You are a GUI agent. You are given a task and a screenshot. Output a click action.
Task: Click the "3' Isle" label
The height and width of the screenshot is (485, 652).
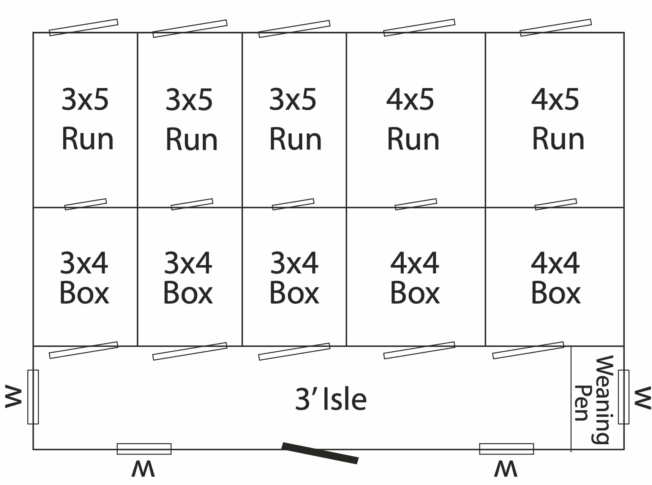pyautogui.click(x=331, y=399)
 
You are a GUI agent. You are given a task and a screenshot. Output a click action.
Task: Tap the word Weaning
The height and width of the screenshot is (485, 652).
pyautogui.click(x=602, y=400)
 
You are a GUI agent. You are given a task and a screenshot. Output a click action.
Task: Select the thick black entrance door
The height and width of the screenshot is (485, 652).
pyautogui.click(x=320, y=453)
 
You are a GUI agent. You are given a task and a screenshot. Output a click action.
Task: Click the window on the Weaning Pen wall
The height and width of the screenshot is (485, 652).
pyautogui.click(x=624, y=397)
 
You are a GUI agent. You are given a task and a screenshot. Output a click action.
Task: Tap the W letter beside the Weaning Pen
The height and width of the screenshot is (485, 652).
pyautogui.click(x=643, y=398)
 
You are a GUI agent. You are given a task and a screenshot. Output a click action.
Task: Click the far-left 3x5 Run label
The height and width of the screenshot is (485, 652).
pyautogui.click(x=87, y=119)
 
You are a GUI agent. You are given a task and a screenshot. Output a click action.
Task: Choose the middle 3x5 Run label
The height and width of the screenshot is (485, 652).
pyautogui.click(x=191, y=119)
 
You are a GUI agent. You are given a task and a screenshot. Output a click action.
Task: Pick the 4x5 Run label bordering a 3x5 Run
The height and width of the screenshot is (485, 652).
pyautogui.click(x=412, y=119)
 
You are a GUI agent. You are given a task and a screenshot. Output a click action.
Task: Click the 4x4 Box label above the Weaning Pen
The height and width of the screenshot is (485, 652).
pyautogui.click(x=555, y=278)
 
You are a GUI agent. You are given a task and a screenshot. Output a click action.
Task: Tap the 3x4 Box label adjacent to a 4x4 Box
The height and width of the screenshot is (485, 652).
pyautogui.click(x=294, y=278)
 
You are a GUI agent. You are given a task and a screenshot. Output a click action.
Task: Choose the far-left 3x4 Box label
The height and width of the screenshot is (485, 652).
pyautogui.click(x=84, y=278)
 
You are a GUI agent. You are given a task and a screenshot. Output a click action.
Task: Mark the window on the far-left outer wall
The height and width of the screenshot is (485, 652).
pyautogui.click(x=33, y=397)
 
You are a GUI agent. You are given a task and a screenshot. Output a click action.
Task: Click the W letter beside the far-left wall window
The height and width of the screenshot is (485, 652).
pyautogui.click(x=13, y=397)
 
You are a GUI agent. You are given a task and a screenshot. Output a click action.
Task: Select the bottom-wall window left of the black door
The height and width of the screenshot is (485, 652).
pyautogui.click(x=144, y=449)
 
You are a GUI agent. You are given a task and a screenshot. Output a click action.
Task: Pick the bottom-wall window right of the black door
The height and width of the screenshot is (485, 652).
pyautogui.click(x=507, y=449)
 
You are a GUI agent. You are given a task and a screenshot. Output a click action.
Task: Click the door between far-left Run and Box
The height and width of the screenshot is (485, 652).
pyautogui.click(x=85, y=204)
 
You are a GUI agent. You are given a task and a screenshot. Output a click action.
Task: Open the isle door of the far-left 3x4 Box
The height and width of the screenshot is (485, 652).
pyautogui.click(x=84, y=350)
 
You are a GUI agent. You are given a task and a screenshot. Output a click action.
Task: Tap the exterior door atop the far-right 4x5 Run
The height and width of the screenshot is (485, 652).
pyautogui.click(x=556, y=27)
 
